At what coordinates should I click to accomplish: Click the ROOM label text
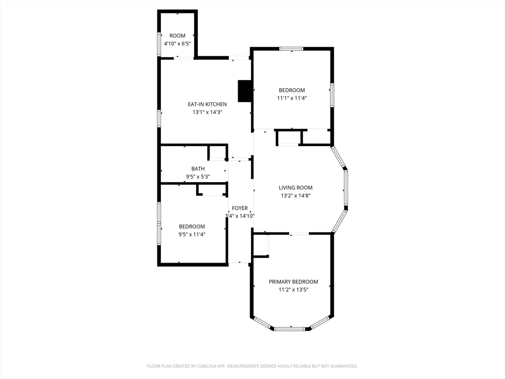[177, 36]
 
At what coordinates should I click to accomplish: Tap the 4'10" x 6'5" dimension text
[177, 43]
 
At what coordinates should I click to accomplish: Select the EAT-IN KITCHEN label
[207, 105]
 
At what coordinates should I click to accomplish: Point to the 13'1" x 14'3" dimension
[207, 112]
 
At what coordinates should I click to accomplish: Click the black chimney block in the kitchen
[245, 91]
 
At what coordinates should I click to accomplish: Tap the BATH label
[198, 169]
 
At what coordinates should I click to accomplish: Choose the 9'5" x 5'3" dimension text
[198, 177]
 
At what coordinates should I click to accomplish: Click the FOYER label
[240, 208]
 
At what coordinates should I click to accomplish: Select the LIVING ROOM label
[295, 188]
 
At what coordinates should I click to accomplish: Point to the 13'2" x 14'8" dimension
[295, 195]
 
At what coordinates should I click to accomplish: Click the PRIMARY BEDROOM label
[293, 282]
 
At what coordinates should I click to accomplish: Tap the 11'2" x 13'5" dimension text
[293, 290]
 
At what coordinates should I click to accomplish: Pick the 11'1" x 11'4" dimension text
[292, 98]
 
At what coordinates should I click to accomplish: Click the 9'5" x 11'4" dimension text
[192, 234]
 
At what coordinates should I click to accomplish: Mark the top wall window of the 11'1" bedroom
[291, 49]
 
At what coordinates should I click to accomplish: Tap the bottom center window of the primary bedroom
[289, 329]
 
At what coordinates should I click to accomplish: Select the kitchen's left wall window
[159, 118]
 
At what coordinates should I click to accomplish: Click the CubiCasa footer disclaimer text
[252, 366]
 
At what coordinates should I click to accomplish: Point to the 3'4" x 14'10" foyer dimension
[240, 216]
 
